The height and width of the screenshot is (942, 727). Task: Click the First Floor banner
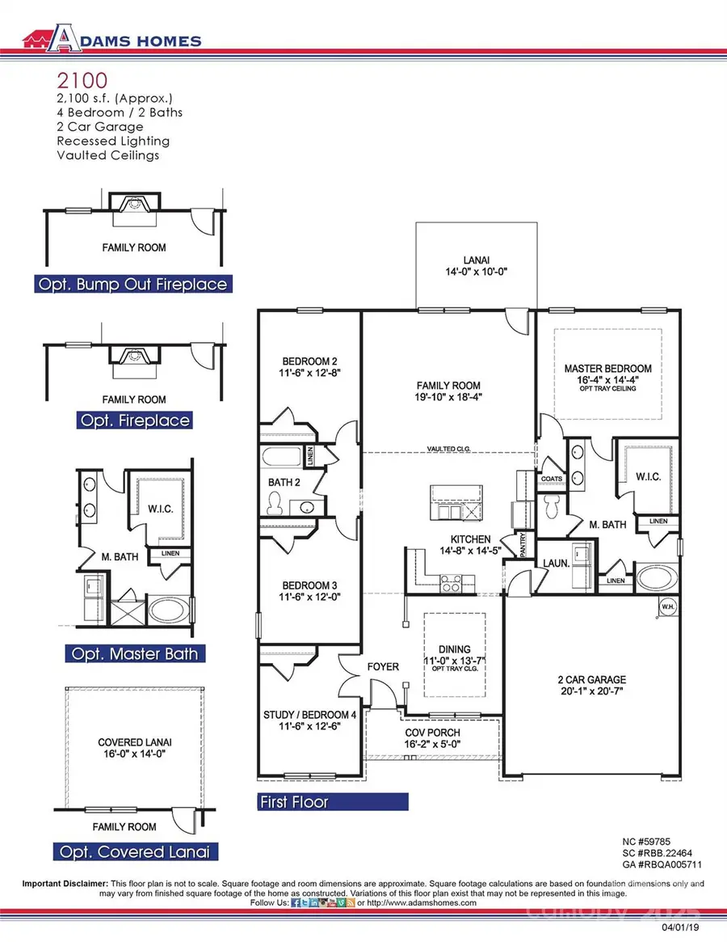332,802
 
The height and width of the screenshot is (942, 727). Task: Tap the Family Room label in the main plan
448,386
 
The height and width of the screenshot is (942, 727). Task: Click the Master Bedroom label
607,369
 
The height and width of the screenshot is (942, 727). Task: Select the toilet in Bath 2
273,505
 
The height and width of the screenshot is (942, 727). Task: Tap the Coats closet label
551,479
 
